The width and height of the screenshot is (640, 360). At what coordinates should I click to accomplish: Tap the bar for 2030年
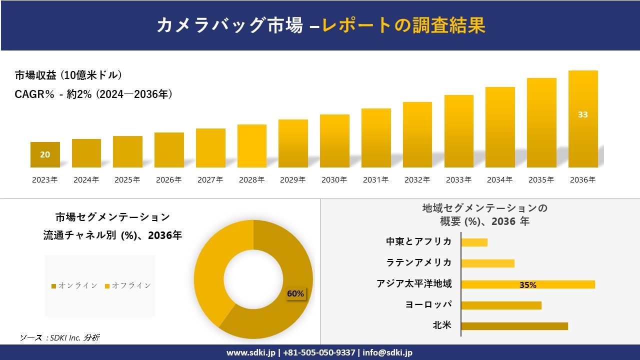click(x=334, y=141)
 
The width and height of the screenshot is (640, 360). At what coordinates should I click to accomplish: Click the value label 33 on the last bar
click(x=583, y=114)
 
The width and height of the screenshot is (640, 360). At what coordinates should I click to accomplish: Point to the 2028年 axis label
click(x=251, y=180)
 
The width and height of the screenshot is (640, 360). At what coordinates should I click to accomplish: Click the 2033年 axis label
click(x=458, y=180)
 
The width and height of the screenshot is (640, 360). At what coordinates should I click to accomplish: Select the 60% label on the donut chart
click(x=295, y=294)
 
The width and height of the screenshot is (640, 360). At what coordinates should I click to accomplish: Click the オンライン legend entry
click(x=74, y=285)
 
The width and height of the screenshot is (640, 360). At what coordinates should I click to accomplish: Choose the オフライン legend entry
click(x=128, y=285)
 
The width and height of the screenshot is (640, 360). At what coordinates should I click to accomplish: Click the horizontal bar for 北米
click(x=514, y=326)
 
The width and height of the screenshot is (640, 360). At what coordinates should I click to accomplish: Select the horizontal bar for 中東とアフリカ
click(x=474, y=242)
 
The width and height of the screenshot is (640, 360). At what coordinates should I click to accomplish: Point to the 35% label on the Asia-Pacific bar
click(x=527, y=285)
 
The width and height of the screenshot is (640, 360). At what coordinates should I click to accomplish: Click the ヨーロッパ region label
click(x=428, y=304)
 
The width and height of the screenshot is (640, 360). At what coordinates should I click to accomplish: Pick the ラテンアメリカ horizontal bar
click(x=487, y=263)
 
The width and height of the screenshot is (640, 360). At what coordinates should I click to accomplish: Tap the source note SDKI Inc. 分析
click(x=60, y=338)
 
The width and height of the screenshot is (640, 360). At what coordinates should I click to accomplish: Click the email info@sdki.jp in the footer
click(x=387, y=352)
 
